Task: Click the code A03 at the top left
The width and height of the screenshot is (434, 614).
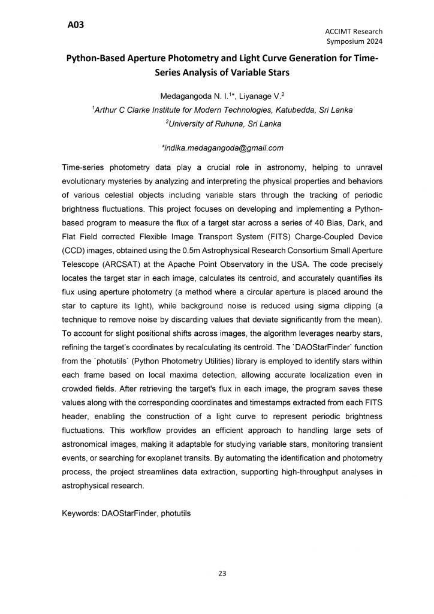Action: (76, 25)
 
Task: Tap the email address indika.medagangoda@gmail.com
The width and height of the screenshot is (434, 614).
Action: (222, 148)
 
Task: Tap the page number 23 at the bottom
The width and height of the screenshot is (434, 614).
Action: (221, 573)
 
